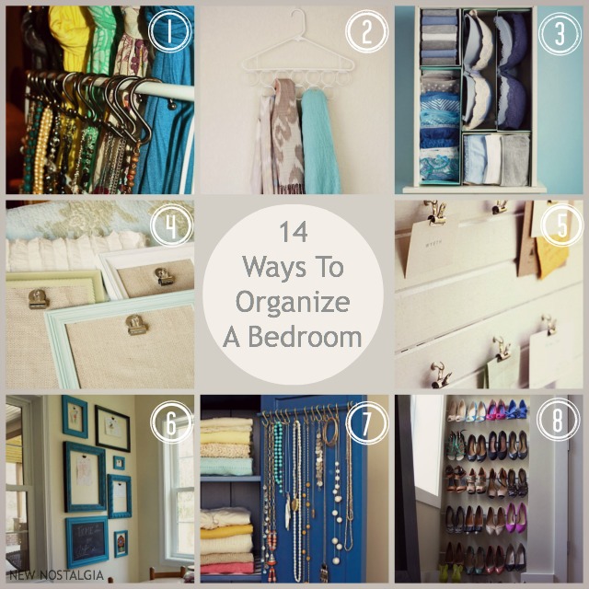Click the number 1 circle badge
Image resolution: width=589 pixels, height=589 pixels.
point(169,31)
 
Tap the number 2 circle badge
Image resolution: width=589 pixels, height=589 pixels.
point(366,31)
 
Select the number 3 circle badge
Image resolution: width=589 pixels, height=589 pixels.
point(560,34)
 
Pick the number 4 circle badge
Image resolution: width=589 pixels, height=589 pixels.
point(171,225)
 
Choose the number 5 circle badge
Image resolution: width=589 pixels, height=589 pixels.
point(562,225)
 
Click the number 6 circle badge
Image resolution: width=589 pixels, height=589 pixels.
point(171,422)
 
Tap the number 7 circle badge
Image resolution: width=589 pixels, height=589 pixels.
point(366,422)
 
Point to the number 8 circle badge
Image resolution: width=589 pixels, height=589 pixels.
point(559,420)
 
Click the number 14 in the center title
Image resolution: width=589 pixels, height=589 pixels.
point(294,232)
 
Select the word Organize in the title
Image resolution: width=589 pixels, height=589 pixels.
point(293,303)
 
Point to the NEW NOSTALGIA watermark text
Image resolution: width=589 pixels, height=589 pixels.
point(56,575)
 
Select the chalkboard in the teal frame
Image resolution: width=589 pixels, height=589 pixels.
point(87,541)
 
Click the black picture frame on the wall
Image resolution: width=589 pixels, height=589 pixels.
point(112,429)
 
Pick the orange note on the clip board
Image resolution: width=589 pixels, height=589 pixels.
point(551,256)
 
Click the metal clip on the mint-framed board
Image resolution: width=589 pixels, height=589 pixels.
point(136,325)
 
